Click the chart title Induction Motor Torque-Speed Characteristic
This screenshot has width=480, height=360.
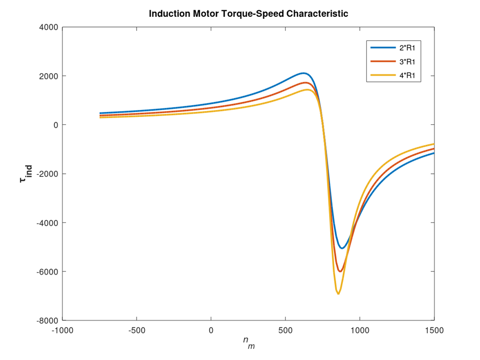(248, 14)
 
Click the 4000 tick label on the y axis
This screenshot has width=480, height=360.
(49, 27)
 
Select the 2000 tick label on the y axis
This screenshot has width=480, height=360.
(49, 76)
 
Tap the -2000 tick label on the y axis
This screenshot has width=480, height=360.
(47, 174)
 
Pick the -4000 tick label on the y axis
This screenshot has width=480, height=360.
(47, 223)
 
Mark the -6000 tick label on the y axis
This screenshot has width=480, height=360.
(47, 272)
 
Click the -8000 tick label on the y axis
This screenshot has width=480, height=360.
(47, 321)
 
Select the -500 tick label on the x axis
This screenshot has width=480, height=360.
(137, 331)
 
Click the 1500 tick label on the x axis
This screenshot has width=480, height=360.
(434, 331)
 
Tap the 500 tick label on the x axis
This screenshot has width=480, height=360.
(286, 331)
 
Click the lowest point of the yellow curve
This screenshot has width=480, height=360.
(338, 294)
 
